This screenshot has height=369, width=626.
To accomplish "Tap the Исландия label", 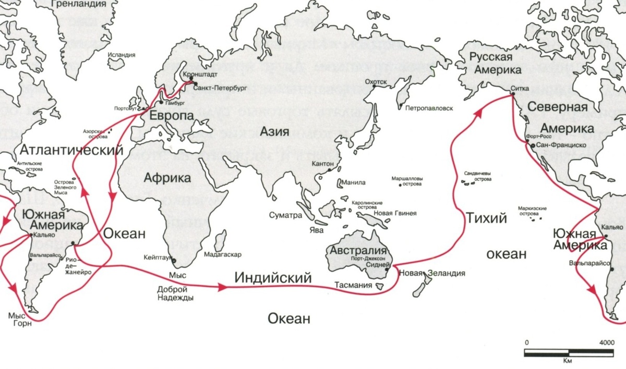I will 121,55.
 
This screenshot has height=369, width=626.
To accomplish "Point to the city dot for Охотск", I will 373,87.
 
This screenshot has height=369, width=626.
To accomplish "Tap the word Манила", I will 355,183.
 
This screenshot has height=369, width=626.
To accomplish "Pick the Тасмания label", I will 354,285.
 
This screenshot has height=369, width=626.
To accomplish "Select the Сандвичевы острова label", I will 477,176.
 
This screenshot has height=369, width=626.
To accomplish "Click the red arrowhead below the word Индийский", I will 223,287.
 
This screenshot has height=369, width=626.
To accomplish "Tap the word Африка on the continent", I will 166,178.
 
